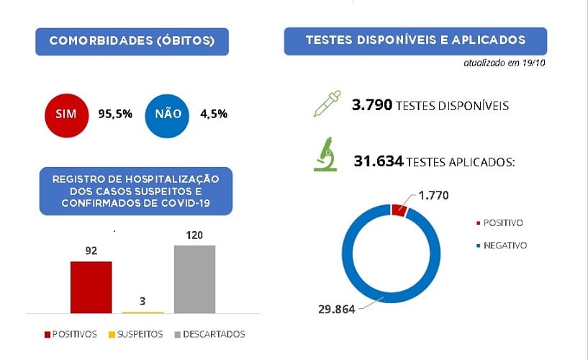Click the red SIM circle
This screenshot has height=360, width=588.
click(66, 114)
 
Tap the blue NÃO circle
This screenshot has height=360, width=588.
click(167, 114)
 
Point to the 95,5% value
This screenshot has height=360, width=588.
click(115, 114)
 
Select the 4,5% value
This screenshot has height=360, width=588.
click(214, 114)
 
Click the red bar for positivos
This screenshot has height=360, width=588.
click(91, 287)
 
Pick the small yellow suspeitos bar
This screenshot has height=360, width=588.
click(143, 312)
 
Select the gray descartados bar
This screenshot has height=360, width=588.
click(194, 279)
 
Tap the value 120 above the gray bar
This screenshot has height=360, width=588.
click(194, 235)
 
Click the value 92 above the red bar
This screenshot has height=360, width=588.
click(91, 251)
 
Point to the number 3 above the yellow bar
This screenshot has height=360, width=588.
click(143, 301)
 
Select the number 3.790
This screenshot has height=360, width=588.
click(372, 106)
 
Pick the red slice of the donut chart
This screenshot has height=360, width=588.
click(399, 210)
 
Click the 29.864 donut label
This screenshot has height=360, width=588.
click(338, 310)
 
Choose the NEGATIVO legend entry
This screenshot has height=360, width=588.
click(505, 246)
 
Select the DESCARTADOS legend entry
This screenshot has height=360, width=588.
click(214, 334)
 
